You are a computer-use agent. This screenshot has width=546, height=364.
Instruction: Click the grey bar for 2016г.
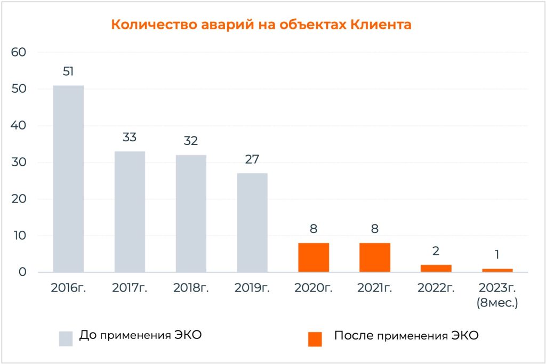click(x=68, y=179)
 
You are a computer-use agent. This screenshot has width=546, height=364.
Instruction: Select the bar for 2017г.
click(x=130, y=212)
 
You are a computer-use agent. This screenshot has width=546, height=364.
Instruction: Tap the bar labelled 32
click(x=191, y=213)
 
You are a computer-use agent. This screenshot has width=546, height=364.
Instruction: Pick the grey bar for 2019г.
click(x=252, y=222)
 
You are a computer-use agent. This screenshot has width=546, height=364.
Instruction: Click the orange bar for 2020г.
click(x=314, y=257)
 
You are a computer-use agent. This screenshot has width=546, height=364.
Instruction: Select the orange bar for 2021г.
click(x=375, y=257)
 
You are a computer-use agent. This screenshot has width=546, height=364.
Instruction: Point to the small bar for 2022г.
click(x=436, y=269)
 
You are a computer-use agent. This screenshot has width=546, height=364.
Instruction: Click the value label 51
click(x=68, y=71)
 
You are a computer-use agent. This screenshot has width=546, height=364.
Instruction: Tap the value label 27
click(x=252, y=159)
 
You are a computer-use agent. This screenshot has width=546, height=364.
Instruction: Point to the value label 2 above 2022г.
click(x=436, y=251)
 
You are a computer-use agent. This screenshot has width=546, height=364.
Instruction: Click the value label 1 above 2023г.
click(x=497, y=255)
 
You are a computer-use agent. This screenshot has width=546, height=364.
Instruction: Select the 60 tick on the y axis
click(x=19, y=52)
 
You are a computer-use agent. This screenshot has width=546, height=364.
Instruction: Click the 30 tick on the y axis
click(x=19, y=163)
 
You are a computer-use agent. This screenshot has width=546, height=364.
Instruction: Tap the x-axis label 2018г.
click(x=191, y=288)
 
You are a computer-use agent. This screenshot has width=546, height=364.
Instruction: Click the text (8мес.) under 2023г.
click(x=497, y=303)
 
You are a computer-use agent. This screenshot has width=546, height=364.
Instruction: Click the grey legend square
click(x=66, y=338)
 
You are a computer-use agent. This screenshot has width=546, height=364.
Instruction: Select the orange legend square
click(x=315, y=338)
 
